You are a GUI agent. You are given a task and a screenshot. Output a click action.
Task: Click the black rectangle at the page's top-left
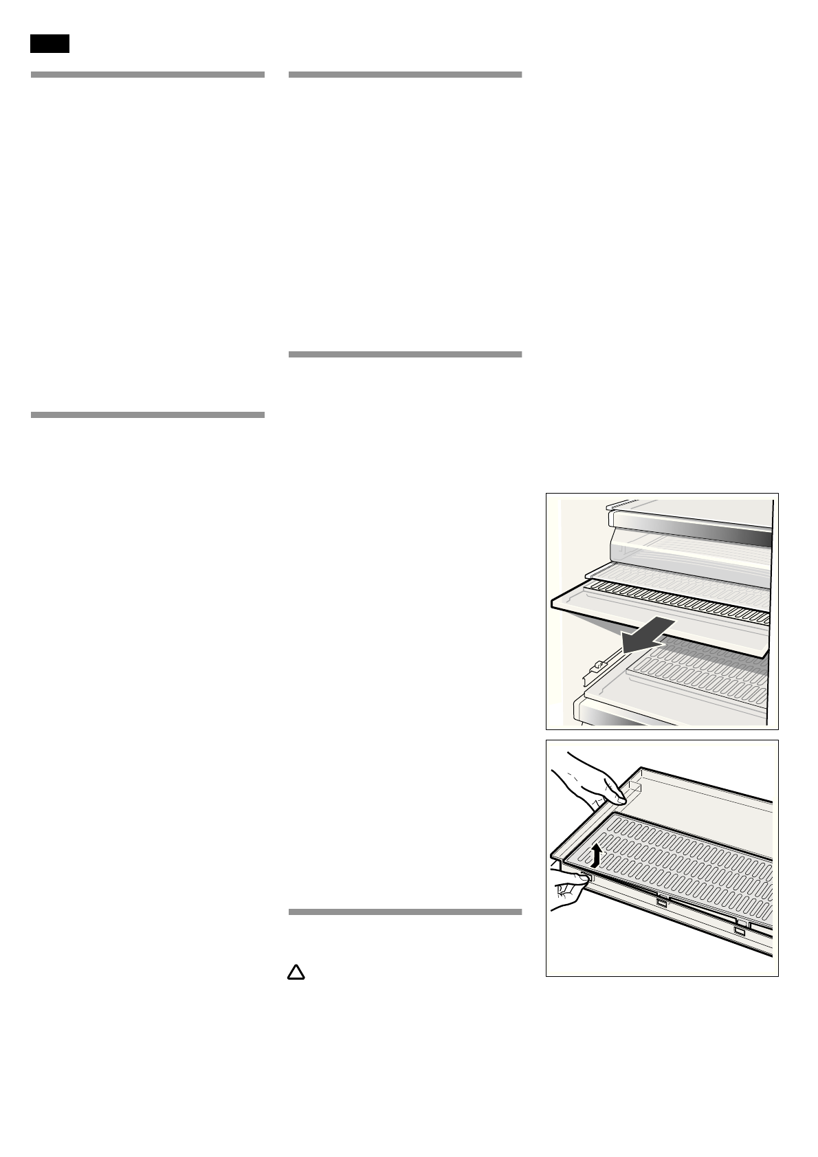coord(49,43)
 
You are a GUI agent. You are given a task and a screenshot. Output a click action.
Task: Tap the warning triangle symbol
coord(295,972)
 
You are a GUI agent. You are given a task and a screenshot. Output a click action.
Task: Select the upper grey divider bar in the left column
coord(147,74)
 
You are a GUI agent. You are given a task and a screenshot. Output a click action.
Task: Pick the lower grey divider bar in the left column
coord(147,415)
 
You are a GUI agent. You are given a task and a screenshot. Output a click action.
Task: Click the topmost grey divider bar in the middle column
coord(405,74)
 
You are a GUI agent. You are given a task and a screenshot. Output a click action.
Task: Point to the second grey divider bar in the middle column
coord(405,354)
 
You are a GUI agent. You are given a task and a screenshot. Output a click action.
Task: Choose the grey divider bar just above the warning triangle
coord(405,912)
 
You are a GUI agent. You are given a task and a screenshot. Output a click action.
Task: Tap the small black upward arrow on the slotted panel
coord(597,855)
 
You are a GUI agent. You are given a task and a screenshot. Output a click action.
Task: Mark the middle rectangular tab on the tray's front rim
coord(662,903)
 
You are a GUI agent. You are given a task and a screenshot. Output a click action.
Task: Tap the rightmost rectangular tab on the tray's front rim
coord(739,932)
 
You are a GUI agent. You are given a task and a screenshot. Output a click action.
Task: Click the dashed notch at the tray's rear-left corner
coord(634,783)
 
